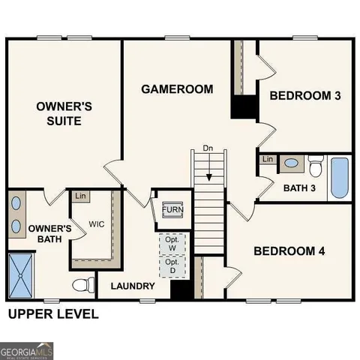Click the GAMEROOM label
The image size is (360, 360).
pos(177,89)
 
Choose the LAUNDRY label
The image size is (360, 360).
pos(133,286)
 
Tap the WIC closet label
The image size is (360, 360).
pos(96,224)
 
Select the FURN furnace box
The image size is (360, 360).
pos(172,209)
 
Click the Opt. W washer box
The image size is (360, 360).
pos(171,243)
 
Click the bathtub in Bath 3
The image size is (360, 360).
pos(340,175)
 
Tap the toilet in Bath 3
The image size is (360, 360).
pos(316,163)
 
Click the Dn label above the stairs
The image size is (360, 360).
pos(208,149)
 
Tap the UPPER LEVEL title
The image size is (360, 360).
pos(53,313)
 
